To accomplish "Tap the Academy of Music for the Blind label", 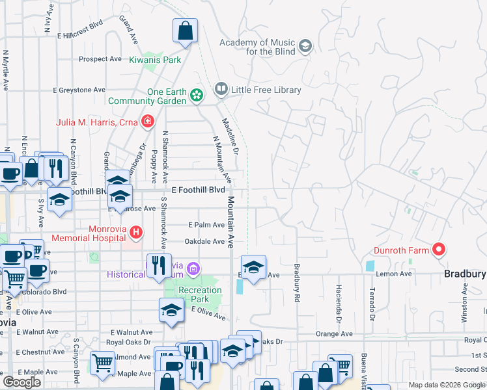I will [x=257, y=47].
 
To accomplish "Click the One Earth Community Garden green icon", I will [x=196, y=96].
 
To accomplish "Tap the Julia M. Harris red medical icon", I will [x=148, y=122].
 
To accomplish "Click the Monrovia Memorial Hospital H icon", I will [x=135, y=231].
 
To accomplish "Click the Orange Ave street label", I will [x=329, y=333].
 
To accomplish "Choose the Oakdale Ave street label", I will [x=204, y=241].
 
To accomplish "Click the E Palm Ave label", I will [x=206, y=225].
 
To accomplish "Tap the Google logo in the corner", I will [x=21, y=383].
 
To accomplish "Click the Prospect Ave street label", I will [x=100, y=58].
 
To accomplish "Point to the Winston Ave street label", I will [x=464, y=305].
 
